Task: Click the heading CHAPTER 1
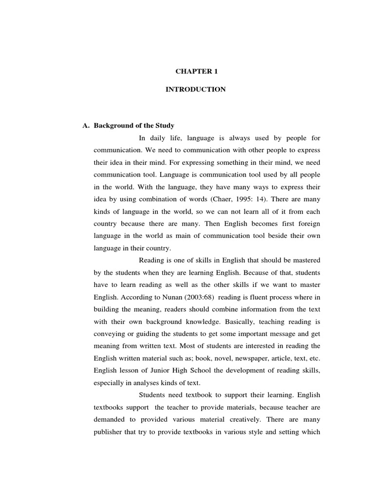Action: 197,71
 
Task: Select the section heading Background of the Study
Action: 134,125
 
